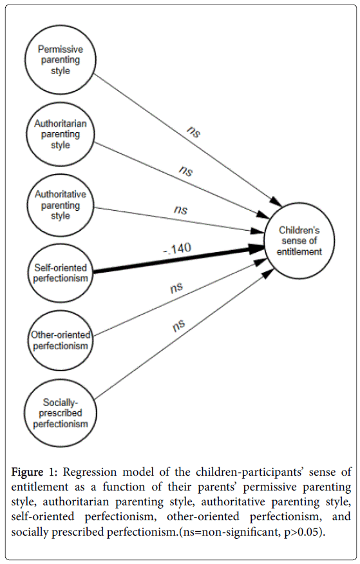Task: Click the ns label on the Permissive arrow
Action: point(193,132)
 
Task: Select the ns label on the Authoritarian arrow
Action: point(185,171)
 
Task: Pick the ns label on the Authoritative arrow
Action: point(181,209)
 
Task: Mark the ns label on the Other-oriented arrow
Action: point(176,287)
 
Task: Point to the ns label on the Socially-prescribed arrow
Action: point(178,326)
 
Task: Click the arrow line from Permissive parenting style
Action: point(187,138)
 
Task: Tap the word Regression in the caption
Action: point(90,472)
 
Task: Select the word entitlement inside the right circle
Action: point(299,252)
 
